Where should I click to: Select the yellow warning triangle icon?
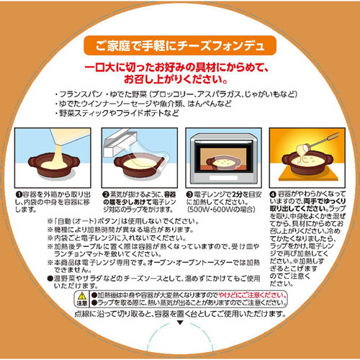[x=82, y=297]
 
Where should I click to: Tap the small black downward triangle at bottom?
[x=180, y=325]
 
